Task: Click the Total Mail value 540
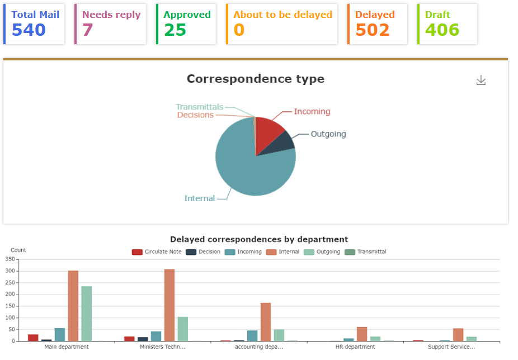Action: [29, 30]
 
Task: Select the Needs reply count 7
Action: [88, 30]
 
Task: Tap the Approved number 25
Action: [175, 30]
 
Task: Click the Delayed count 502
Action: [373, 30]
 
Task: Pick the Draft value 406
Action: [442, 30]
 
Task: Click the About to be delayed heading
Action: [282, 15]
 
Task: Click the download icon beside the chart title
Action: [481, 80]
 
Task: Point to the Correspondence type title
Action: [256, 79]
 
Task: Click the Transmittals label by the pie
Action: [200, 107]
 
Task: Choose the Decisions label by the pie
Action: [195, 115]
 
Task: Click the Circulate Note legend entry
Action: [157, 252]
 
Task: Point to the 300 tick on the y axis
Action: [9, 271]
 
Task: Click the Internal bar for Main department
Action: [73, 306]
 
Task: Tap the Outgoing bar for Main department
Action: [87, 314]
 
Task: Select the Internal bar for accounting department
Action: [266, 322]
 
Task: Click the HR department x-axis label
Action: [355, 347]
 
